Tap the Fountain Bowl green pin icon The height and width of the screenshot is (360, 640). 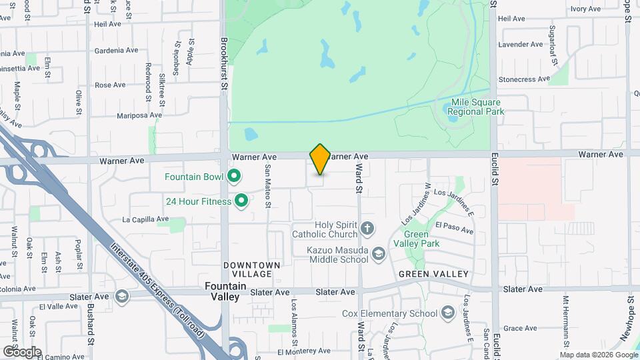[x=233, y=177]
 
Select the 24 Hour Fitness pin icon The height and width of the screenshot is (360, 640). [x=241, y=200]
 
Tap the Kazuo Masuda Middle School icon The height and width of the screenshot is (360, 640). [x=379, y=254]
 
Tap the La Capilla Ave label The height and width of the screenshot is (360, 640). [x=145, y=219]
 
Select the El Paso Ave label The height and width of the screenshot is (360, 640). [x=454, y=228]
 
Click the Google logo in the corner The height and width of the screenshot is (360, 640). [x=21, y=351]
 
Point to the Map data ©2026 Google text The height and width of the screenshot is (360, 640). [x=598, y=354]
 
